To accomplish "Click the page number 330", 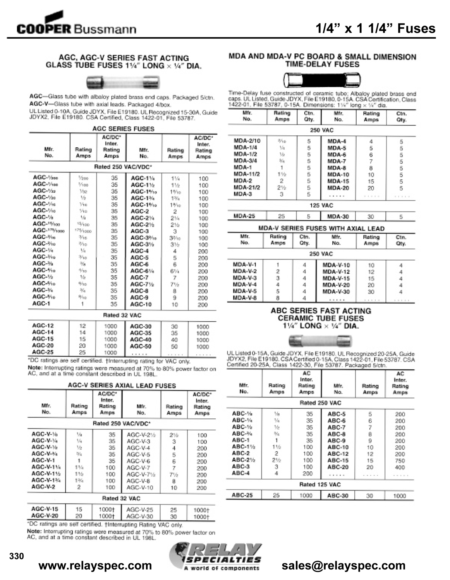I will coord(17,556).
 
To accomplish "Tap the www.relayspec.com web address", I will coord(95,565).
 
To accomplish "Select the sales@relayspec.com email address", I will coord(343,565).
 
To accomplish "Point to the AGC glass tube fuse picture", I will coord(123,82).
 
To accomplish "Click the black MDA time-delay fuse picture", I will coord(322,80).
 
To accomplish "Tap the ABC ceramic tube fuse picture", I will coord(321,341).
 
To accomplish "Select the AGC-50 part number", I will coord(141,346).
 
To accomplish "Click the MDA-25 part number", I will coord(244,216).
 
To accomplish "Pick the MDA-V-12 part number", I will coord(336,272).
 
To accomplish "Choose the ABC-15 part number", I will coord(338,461).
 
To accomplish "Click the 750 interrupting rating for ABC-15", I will coord(400,461).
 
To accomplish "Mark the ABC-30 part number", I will coord(338,495).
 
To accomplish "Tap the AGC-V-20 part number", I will coord(45,516).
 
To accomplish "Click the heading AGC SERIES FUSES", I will coord(123,129).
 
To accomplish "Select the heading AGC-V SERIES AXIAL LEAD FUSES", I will coord(122,386).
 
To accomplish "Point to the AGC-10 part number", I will coord(141,304).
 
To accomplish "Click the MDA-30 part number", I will coord(338,217).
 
